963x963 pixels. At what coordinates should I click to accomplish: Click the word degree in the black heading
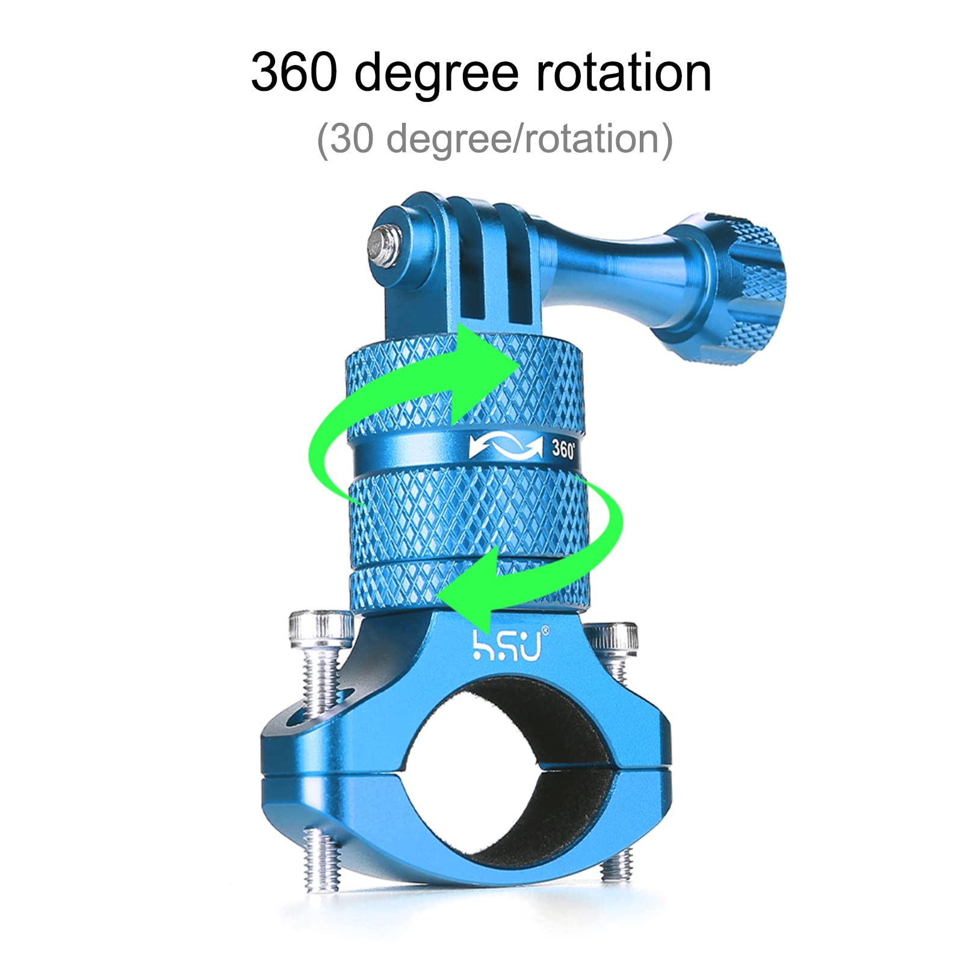pos(436,75)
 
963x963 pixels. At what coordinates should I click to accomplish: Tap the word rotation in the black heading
pos(624,72)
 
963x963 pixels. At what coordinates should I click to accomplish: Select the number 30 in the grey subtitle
pos(351,139)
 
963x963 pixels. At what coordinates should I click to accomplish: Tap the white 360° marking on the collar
pos(563,449)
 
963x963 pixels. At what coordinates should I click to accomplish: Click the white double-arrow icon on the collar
pos(506,448)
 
